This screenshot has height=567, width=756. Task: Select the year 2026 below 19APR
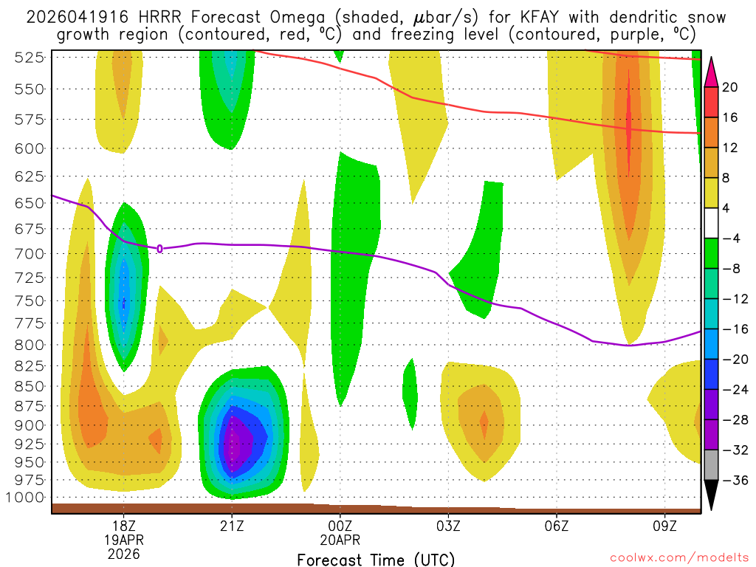(124, 553)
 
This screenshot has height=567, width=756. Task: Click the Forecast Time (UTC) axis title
(377, 560)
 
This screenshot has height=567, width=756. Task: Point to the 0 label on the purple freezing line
(159, 249)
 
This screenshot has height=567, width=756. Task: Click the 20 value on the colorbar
(730, 87)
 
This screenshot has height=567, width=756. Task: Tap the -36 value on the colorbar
(730, 481)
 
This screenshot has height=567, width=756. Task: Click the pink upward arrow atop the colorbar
(712, 71)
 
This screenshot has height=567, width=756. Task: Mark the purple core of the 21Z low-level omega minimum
(237, 443)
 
